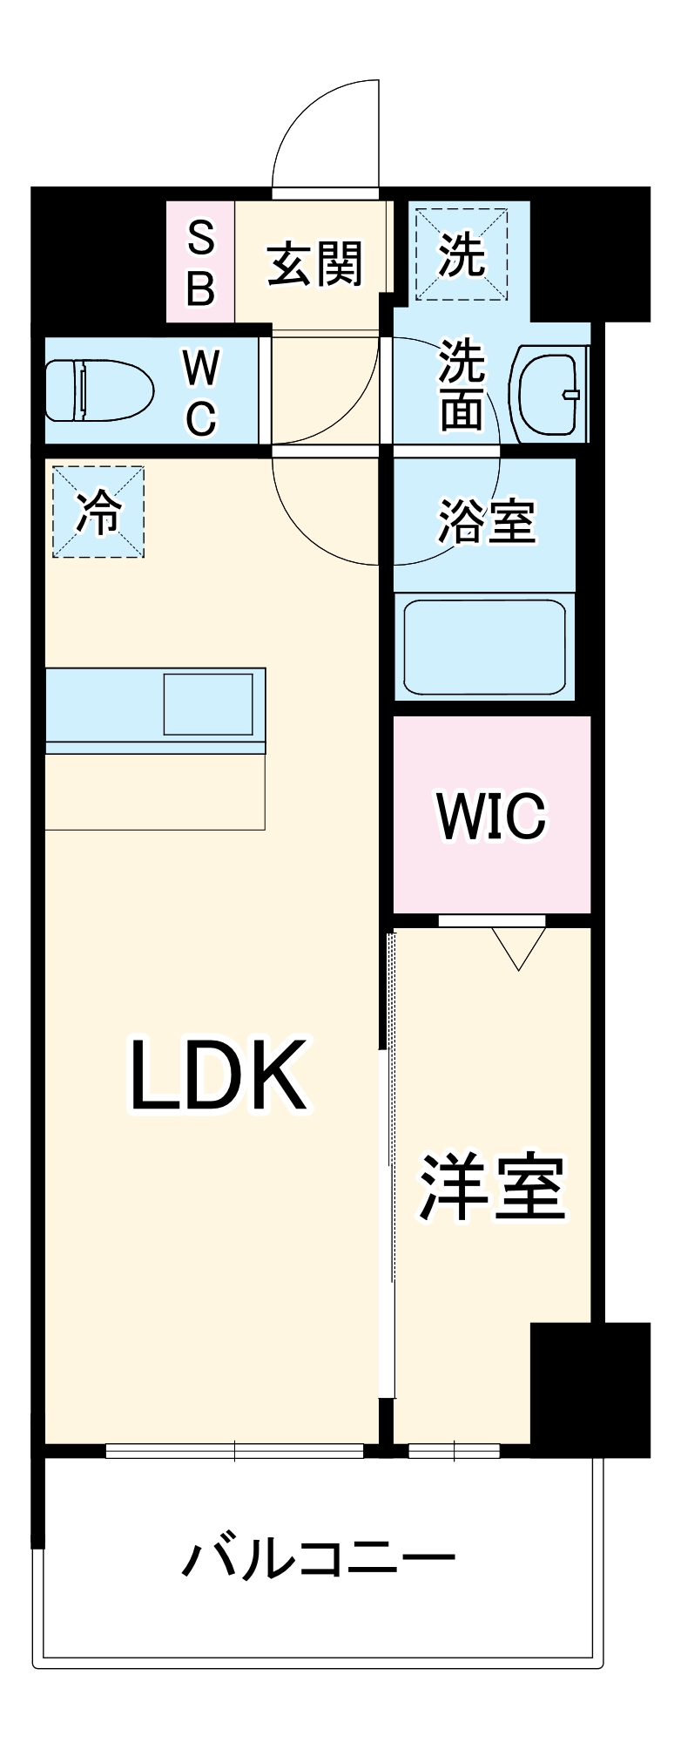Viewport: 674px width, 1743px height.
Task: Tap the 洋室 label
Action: pyautogui.click(x=492, y=1187)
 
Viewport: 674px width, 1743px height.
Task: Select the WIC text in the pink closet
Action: pyautogui.click(x=492, y=817)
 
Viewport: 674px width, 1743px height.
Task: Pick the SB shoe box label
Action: pyautogui.click(x=201, y=262)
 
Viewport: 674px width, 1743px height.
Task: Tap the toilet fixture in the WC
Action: pyautogui.click(x=98, y=391)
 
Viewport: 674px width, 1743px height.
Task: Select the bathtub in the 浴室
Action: pyautogui.click(x=483, y=646)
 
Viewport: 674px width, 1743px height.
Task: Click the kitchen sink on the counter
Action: pyautogui.click(x=208, y=704)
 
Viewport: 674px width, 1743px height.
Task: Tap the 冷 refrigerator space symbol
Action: pyautogui.click(x=98, y=512)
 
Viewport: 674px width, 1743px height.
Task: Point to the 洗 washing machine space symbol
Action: pyautogui.click(x=461, y=254)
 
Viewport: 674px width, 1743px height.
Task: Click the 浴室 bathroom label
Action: pyautogui.click(x=486, y=520)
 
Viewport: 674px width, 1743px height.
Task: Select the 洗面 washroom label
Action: pyautogui.click(x=461, y=384)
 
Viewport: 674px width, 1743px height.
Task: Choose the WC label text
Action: pyautogui.click(x=201, y=393)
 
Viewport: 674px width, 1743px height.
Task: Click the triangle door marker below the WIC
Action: pyautogui.click(x=518, y=946)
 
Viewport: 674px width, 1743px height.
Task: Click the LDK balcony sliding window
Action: pyautogui.click(x=234, y=1451)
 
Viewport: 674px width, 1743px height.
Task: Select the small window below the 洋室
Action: pyautogui.click(x=453, y=1451)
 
